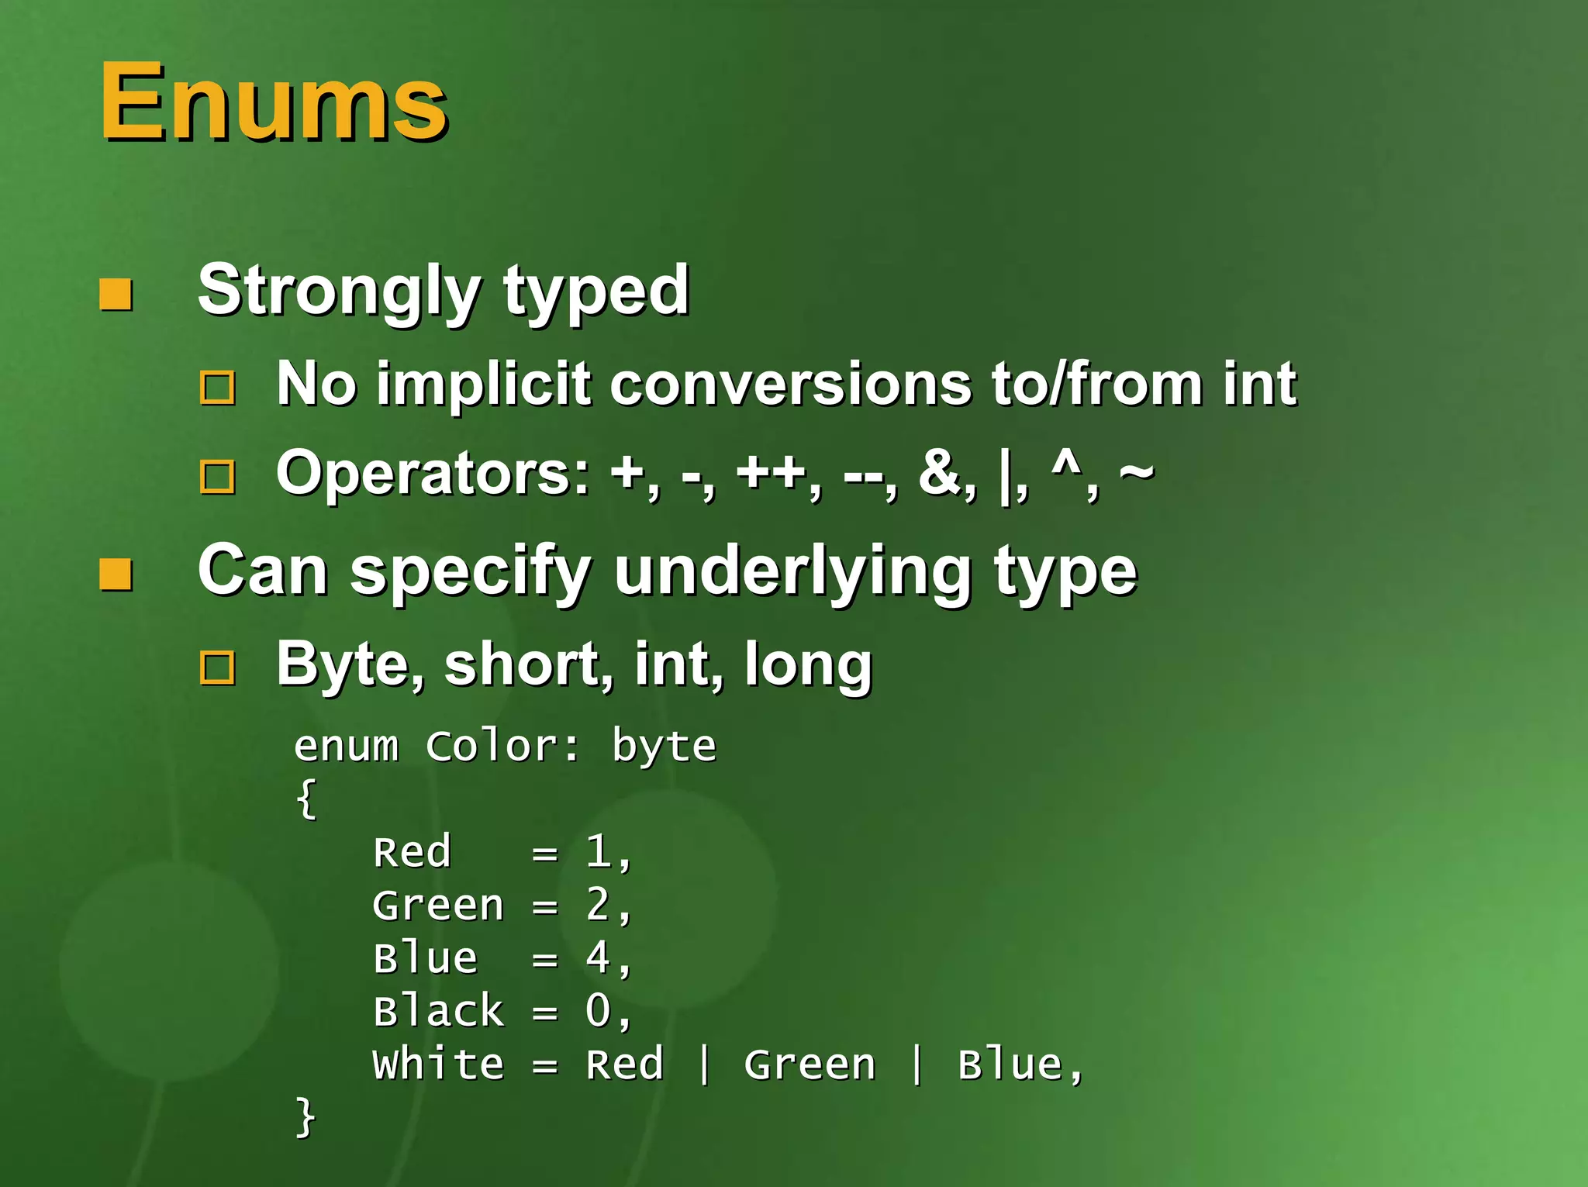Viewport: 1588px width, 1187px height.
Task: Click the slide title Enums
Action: pyautogui.click(x=273, y=102)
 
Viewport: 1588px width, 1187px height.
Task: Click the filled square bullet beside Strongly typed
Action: pyautogui.click(x=116, y=295)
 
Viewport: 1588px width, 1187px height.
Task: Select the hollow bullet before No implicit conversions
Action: pyautogui.click(x=217, y=387)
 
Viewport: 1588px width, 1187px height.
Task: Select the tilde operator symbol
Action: pyautogui.click(x=1136, y=471)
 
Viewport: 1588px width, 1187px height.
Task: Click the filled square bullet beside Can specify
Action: pyautogui.click(x=116, y=575)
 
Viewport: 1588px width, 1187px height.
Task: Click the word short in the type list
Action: pyautogui.click(x=522, y=664)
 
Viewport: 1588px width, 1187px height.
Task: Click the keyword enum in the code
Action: pyautogui.click(x=346, y=747)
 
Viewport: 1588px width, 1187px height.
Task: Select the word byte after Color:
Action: pyautogui.click(x=664, y=747)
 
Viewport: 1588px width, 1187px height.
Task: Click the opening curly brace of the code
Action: pyautogui.click(x=306, y=799)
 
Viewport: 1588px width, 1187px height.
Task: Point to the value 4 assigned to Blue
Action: pyautogui.click(x=598, y=958)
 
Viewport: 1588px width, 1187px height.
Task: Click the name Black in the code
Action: pyautogui.click(x=438, y=1011)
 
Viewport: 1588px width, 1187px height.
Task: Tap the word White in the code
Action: pyautogui.click(x=438, y=1064)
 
